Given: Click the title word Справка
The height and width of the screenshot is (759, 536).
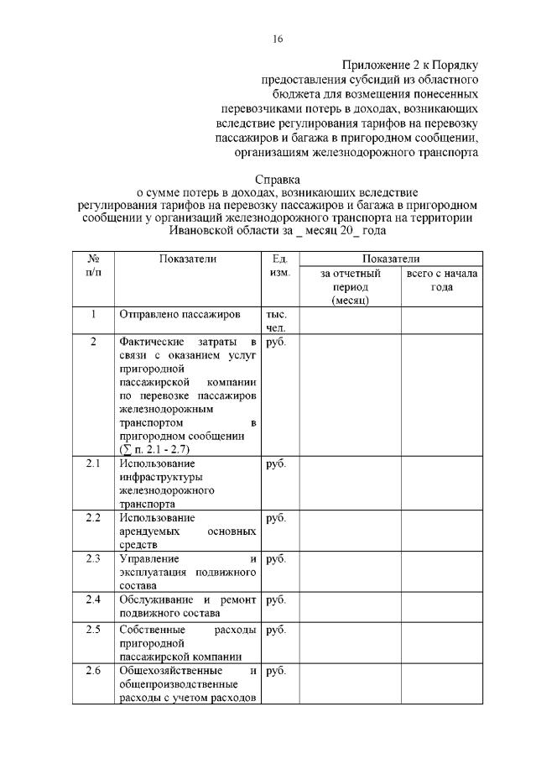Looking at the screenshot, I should point(277,179).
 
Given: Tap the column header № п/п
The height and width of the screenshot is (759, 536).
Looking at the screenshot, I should point(93,266).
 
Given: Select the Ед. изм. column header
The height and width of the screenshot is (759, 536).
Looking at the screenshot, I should point(276,266).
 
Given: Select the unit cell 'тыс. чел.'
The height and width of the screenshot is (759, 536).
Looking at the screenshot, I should point(276,321).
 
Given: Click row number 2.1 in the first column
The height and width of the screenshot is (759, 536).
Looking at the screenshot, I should point(93,463).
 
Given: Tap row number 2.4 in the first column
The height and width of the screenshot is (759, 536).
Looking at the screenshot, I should point(93,599).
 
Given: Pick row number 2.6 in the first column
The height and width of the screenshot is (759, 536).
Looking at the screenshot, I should point(93,671).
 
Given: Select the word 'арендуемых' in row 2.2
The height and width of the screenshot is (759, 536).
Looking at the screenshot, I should point(154,531).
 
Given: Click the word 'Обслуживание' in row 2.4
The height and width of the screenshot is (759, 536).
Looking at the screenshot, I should point(157,599).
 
